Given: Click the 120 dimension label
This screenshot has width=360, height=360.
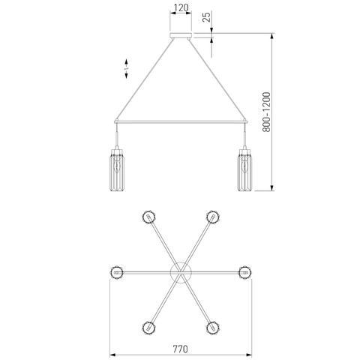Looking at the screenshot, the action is (x=181, y=7).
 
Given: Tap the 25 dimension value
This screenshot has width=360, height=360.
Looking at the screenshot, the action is (x=207, y=17).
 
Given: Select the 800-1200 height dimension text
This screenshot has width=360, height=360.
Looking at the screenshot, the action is (x=266, y=112).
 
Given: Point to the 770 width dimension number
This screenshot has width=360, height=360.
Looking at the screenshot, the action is (x=180, y=349).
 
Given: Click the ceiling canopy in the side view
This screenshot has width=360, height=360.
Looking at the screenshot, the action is (x=181, y=35).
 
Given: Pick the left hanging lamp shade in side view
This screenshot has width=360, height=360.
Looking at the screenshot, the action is (x=117, y=170).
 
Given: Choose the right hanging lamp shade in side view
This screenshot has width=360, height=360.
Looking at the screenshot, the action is (x=245, y=170).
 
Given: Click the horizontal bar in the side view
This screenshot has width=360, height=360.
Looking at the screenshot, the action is (x=181, y=121).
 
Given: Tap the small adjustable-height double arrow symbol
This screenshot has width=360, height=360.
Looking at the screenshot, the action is (x=126, y=69).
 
